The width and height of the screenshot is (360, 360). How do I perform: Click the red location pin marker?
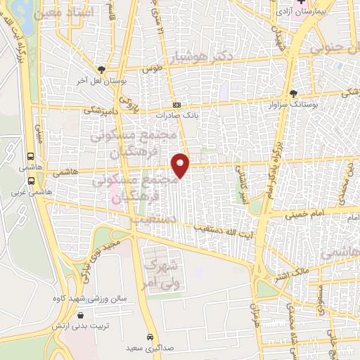(181, 165)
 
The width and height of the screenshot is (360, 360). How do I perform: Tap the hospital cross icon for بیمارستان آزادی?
(301, 4)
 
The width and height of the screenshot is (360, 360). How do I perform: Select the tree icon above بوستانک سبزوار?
(294, 93)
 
